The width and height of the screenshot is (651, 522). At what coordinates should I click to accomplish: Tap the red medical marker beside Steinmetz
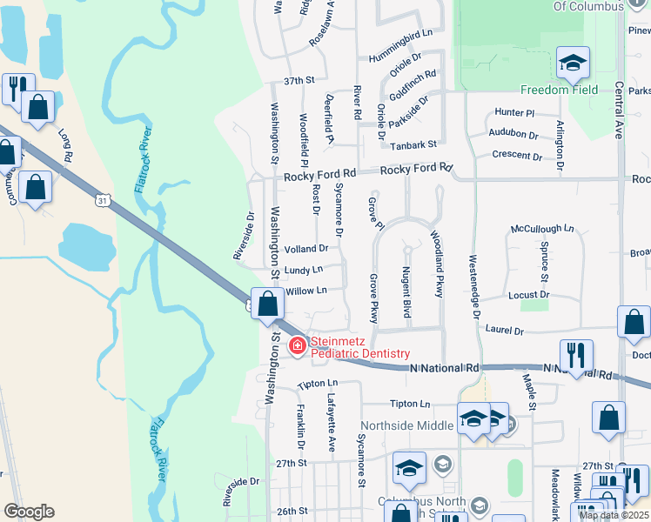point(298,346)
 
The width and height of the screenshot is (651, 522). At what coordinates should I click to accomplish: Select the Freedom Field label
point(559,90)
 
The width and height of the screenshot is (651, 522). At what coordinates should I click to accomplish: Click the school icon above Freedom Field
point(574,64)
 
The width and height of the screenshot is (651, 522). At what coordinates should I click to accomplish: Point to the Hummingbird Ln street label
point(400,34)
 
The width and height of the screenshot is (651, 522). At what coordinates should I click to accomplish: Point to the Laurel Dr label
point(505,331)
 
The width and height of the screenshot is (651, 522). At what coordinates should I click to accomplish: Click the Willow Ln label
point(305,291)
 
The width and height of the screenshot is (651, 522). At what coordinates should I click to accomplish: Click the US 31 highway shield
point(103,201)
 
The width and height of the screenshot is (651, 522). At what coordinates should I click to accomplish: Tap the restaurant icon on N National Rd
point(576,355)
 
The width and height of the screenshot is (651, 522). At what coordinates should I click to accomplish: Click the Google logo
point(28,512)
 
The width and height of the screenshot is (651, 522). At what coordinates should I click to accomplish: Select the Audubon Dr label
point(513,134)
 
